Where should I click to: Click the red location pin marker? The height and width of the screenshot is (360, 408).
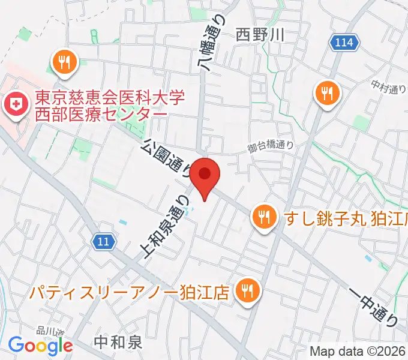(x=205, y=176)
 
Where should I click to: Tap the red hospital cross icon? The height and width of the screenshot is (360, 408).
(x=13, y=106)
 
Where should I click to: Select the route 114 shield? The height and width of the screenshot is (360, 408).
(x=345, y=43)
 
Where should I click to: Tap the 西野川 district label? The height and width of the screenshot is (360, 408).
(x=259, y=35)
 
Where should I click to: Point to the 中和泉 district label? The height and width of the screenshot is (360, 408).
(x=119, y=343)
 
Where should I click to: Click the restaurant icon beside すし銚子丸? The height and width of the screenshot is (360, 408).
(x=263, y=215)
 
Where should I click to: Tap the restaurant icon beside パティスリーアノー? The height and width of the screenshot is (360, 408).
(x=246, y=292)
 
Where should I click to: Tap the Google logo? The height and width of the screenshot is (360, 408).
(x=40, y=346)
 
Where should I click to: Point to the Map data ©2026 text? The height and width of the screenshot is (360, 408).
(x=358, y=351)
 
